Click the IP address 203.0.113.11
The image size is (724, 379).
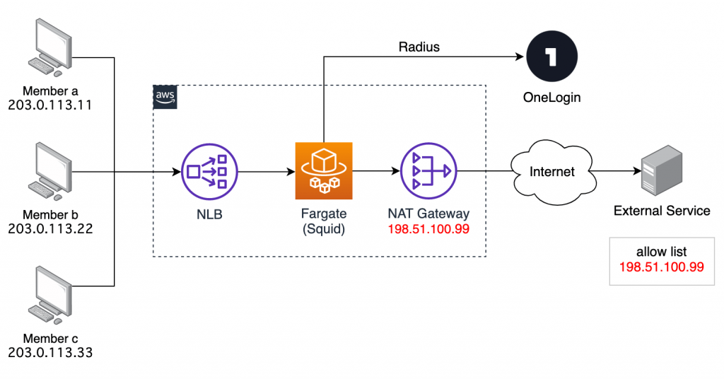[50, 104]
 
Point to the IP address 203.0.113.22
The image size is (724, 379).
[50, 228]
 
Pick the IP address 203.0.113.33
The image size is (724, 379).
[50, 351]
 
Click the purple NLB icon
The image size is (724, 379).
[209, 171]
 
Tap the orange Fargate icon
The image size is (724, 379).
[323, 171]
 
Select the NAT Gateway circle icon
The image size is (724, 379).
[428, 171]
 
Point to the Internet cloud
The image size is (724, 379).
[553, 172]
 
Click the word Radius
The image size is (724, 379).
[419, 47]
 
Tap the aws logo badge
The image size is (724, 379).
[165, 98]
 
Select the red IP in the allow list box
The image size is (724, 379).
[662, 267]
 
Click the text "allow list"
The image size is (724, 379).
[662, 252]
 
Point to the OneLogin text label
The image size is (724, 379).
[551, 98]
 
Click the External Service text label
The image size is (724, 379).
[662, 210]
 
